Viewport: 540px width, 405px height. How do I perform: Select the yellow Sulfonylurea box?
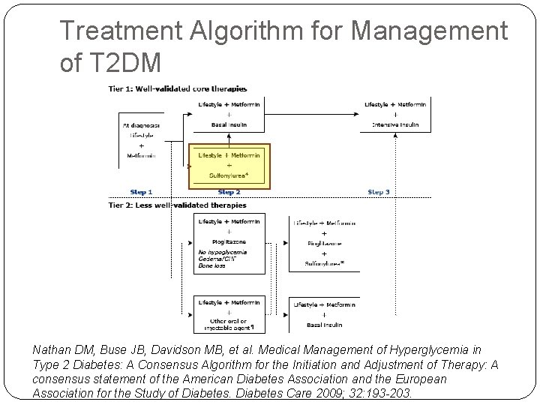(229, 165)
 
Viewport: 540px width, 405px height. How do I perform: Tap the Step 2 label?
(228, 192)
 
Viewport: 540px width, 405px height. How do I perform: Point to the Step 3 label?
(379, 192)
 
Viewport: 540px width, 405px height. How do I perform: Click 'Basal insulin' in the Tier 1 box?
(228, 124)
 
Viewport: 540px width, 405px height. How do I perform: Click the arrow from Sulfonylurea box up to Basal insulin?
(228, 136)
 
